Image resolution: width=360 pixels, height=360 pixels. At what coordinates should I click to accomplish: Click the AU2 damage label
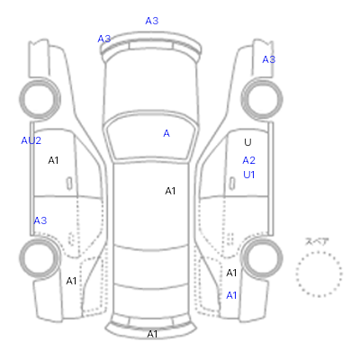(31, 140)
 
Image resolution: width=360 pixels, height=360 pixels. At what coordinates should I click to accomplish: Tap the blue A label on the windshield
(166, 133)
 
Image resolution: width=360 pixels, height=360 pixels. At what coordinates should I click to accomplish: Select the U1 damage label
(249, 175)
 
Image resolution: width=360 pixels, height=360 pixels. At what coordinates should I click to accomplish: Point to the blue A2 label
(249, 160)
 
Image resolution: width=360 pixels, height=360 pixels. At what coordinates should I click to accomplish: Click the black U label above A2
(247, 142)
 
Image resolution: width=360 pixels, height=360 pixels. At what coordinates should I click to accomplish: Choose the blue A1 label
(231, 295)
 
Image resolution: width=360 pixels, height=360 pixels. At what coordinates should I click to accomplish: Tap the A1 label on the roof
(170, 191)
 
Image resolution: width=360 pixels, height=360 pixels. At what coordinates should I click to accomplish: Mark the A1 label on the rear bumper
(152, 334)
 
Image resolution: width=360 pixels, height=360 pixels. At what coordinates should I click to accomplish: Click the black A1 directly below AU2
(53, 160)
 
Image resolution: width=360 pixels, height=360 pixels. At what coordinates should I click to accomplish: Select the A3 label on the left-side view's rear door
(40, 220)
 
